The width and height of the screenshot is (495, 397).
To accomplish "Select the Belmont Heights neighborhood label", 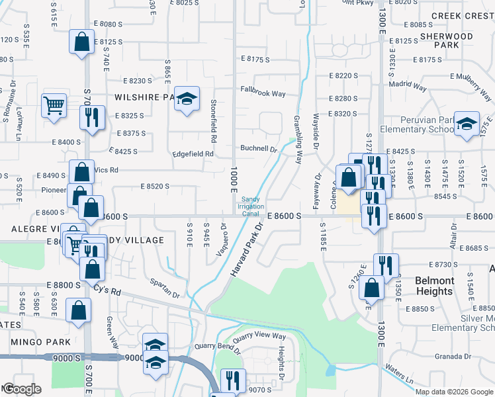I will pyautogui.click(x=435, y=285).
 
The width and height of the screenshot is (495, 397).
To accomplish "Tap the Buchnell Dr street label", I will pyautogui.click(x=258, y=149).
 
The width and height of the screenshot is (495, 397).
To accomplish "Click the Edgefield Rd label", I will pyautogui.click(x=193, y=154).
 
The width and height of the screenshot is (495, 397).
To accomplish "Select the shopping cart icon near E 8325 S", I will pyautogui.click(x=54, y=105).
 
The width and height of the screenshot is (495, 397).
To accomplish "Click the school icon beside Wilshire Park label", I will pyautogui.click(x=187, y=98).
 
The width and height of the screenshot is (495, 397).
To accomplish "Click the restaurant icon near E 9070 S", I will pyautogui.click(x=232, y=380).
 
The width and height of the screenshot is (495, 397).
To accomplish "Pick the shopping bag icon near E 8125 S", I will pyautogui.click(x=81, y=42).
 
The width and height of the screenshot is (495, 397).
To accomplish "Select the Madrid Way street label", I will pyautogui.click(x=408, y=86).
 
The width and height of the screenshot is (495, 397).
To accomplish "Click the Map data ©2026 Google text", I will pyautogui.click(x=454, y=391).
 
